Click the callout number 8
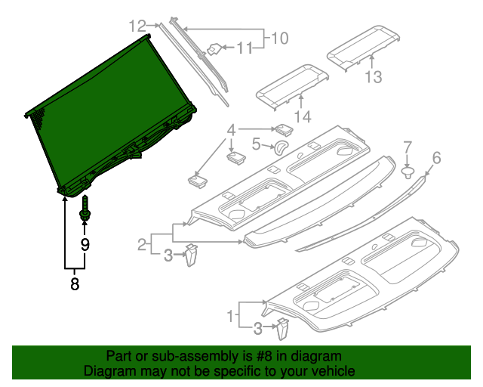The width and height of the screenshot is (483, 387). tap(74, 284)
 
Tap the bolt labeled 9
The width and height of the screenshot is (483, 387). tap(85, 210)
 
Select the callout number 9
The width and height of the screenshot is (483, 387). tap(85, 243)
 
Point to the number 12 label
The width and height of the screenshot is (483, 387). tap(137, 26)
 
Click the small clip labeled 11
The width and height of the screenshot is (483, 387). tap(214, 50)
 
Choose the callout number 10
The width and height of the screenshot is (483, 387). tap(280, 36)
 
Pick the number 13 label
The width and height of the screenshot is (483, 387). tap(374, 76)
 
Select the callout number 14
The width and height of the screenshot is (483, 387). tap(303, 116)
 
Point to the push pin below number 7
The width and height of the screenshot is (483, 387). tap(408, 173)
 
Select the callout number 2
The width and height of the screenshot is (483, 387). tap(141, 244)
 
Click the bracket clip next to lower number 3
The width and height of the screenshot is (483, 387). tap(282, 329)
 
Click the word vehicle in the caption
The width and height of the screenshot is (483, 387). tap(329, 372)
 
